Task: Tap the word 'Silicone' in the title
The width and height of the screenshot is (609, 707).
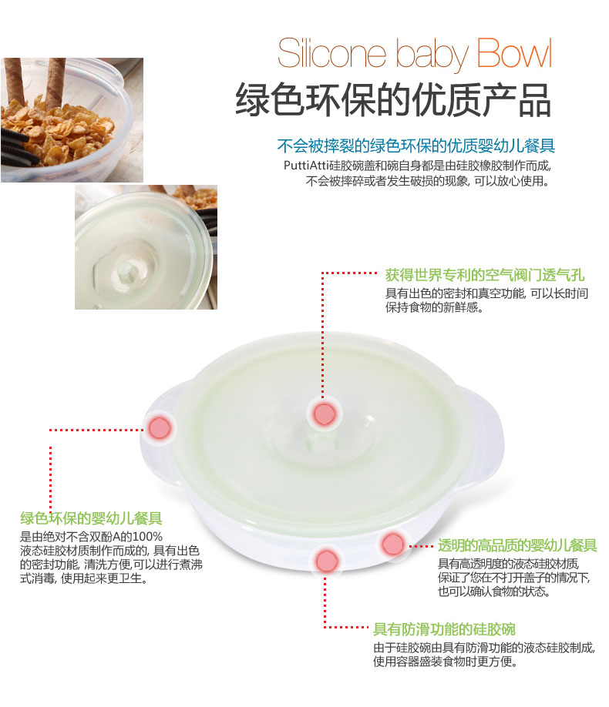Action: (x=331, y=53)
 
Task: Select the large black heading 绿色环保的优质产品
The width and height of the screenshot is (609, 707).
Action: (x=392, y=100)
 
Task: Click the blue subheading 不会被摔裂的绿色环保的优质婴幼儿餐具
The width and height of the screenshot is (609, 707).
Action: (x=416, y=146)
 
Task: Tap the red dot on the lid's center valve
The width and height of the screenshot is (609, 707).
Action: (x=324, y=414)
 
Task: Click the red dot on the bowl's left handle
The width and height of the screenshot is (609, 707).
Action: (x=159, y=428)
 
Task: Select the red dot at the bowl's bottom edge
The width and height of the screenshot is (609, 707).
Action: (x=327, y=561)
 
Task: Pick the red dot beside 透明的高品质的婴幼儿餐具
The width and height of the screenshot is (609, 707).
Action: (x=392, y=544)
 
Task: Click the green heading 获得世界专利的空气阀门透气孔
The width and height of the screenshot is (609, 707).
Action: (x=485, y=275)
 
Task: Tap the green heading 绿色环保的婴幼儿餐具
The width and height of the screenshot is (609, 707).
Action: (x=91, y=518)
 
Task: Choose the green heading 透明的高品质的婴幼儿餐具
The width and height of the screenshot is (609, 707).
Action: (x=517, y=545)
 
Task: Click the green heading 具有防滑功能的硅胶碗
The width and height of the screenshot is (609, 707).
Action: (x=444, y=629)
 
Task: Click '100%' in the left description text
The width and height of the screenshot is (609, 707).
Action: (x=147, y=537)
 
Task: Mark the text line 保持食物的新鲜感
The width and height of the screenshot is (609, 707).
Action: (x=434, y=307)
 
